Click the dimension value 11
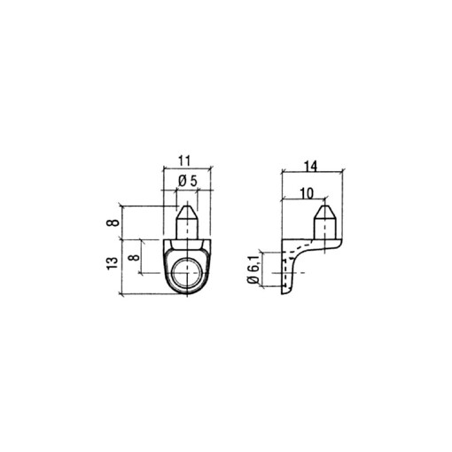(185, 160)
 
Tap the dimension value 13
(112, 265)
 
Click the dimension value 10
(307, 191)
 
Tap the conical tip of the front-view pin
(187, 213)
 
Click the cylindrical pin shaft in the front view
(187, 229)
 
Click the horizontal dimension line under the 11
(185, 168)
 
